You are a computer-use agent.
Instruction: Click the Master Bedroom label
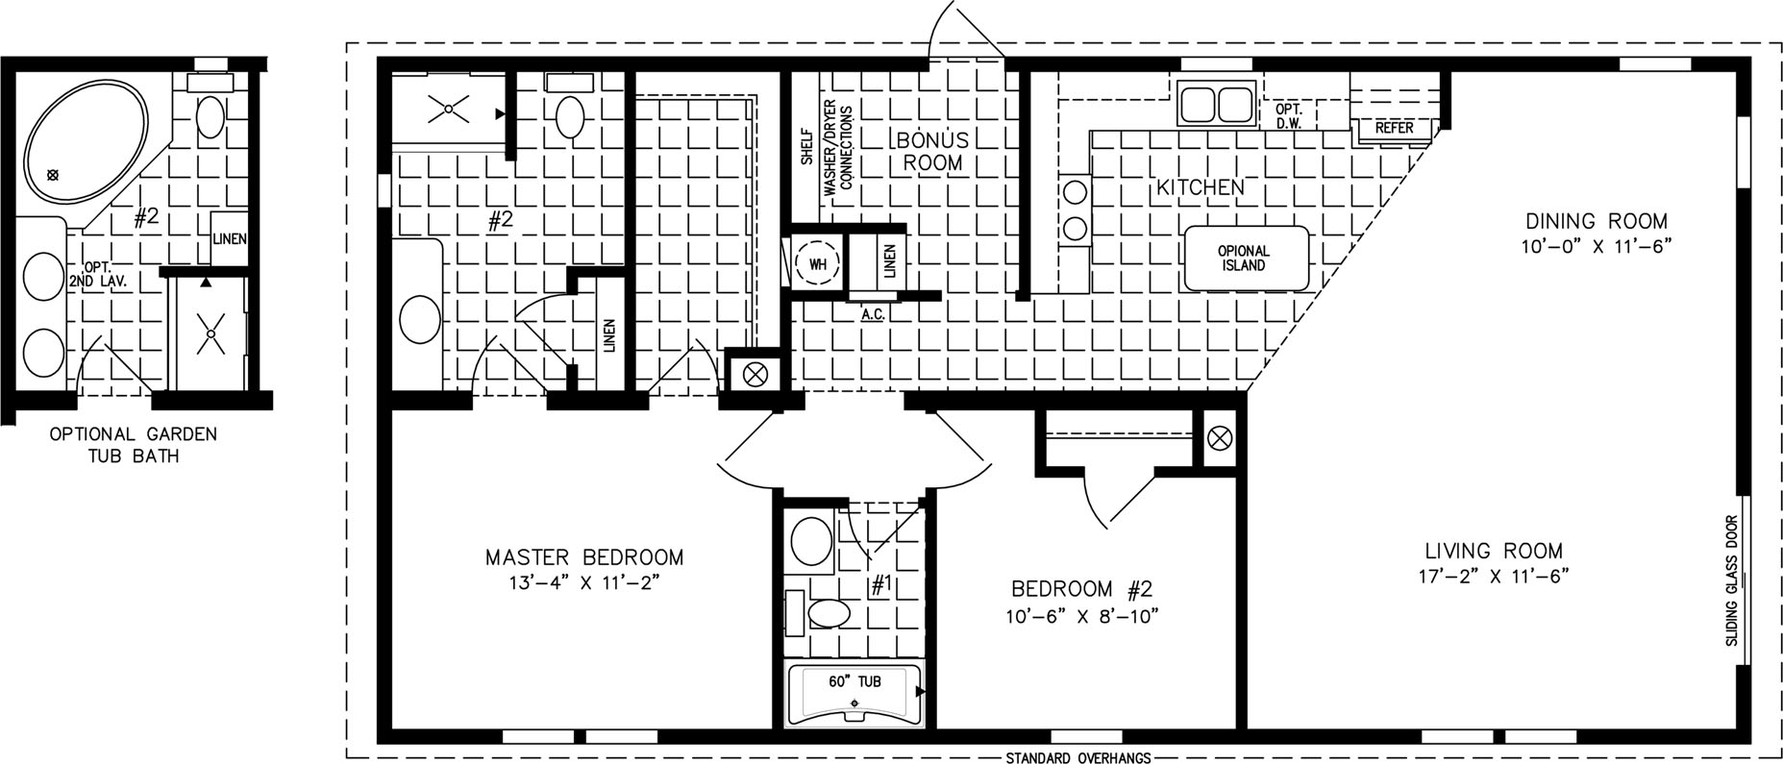[x=584, y=557]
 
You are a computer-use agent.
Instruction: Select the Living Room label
[x=1494, y=552]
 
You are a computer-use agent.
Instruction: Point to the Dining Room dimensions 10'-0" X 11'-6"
[x=1596, y=246]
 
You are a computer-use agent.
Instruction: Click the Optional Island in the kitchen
[x=1246, y=259]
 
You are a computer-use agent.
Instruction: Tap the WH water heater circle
[x=817, y=263]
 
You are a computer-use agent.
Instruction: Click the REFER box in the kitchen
[x=1394, y=128]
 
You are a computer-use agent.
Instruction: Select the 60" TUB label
[x=854, y=681]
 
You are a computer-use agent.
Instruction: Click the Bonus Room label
[x=933, y=152]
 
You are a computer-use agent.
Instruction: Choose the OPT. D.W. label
[x=1288, y=116]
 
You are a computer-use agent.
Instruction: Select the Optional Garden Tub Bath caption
[x=133, y=445]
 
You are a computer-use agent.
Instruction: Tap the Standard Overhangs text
[x=1077, y=757]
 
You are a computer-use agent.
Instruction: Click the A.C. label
[x=873, y=313]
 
